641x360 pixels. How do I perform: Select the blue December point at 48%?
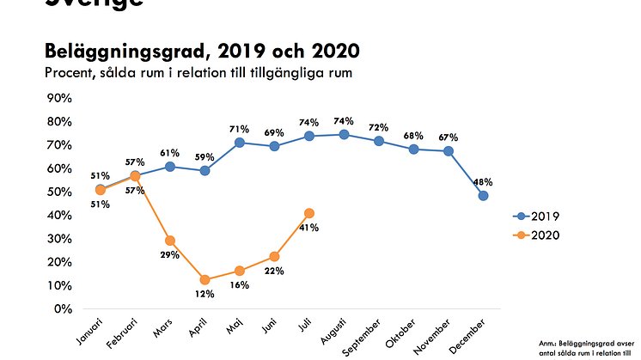click(x=484, y=196)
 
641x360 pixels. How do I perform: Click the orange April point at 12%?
click(x=205, y=280)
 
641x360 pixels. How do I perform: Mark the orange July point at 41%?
click(x=309, y=213)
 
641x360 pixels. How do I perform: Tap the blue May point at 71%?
click(x=240, y=142)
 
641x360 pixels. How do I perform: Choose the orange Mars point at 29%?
click(x=170, y=241)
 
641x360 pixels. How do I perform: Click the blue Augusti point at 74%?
click(x=345, y=134)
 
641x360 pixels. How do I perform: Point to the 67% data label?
click(x=448, y=137)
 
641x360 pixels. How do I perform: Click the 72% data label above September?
click(x=379, y=127)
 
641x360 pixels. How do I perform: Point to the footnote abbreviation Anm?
click(x=572, y=341)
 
